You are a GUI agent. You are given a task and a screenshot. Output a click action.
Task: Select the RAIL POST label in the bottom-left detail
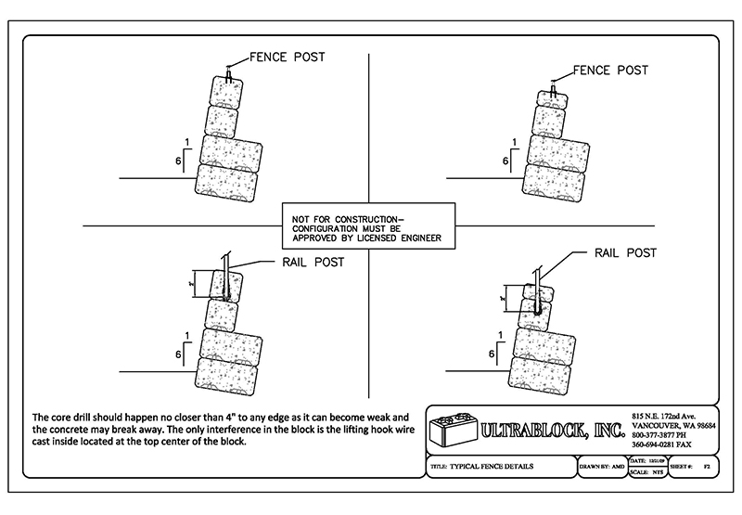pos(312,263)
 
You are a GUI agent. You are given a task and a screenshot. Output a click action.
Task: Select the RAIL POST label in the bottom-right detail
pos(625,252)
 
